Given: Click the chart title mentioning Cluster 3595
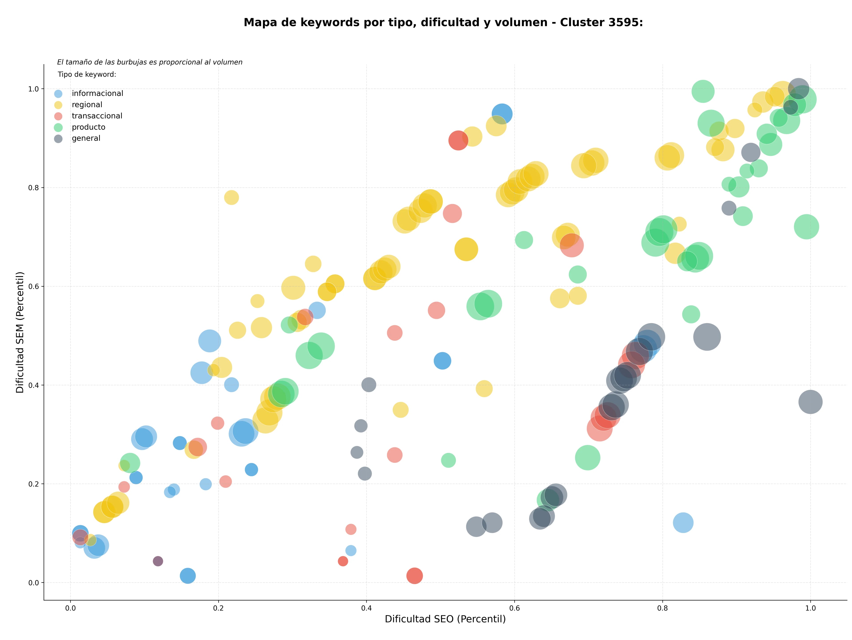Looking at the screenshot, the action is coord(443,22).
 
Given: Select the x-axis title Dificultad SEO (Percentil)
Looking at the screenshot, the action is coord(445,619).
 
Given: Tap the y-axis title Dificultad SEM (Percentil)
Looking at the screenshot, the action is coord(20,332).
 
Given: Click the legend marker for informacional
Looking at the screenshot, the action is coord(58,94).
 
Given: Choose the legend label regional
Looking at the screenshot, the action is coord(87,105).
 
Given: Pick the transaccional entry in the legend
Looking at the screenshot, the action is coord(97,116).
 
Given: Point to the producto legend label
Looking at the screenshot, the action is coord(89,127).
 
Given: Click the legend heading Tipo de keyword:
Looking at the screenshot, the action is coord(87,74).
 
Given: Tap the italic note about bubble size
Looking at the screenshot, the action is coord(150,62).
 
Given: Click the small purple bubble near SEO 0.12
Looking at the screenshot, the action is coord(158,561).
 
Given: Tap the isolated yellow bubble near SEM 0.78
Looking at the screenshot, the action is coord(231,197).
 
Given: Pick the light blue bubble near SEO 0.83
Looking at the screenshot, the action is coord(683,523).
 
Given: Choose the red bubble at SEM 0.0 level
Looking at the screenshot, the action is coord(414,576).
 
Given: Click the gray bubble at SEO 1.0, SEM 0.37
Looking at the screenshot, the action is coord(811,402).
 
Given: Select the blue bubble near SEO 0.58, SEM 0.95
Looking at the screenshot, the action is coord(501,114).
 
